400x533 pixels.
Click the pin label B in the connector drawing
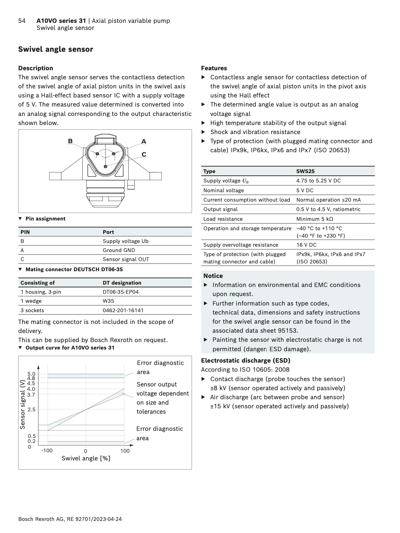click(70, 141)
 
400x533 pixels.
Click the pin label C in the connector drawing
click(144, 154)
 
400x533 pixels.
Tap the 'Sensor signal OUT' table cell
click(126, 259)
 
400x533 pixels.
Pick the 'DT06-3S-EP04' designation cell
click(120, 292)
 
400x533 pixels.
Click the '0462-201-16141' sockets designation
click(123, 310)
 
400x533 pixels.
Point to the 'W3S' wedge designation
click(108, 301)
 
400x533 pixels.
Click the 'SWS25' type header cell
click(305, 171)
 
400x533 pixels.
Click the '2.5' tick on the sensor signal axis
click(31, 409)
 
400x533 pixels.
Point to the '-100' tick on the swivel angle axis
click(47, 450)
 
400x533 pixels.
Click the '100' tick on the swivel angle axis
click(125, 451)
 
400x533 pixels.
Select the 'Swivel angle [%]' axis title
click(86, 458)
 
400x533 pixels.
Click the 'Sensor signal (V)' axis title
click(23, 404)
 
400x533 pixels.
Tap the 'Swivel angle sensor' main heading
click(55, 49)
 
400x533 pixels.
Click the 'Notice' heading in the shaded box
click(213, 276)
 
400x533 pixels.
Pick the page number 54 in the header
click(22, 21)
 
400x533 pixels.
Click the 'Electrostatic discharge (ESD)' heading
click(245, 360)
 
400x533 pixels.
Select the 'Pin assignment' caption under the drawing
click(45, 218)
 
